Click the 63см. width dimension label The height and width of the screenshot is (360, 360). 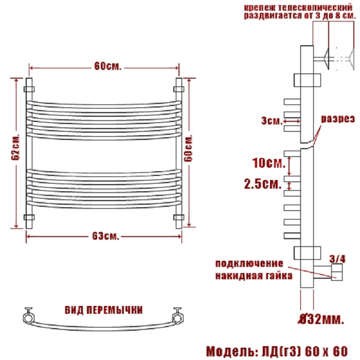coord(105,236)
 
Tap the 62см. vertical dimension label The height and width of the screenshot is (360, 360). coord(15,147)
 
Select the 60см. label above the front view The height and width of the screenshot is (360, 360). coord(107,66)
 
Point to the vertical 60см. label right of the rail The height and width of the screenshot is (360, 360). coord(188,148)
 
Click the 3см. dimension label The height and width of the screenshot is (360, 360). coord(272,120)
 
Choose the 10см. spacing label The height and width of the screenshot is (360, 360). coord(268,163)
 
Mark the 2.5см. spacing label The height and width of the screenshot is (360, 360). coord(263,184)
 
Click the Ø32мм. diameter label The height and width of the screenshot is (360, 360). coord(321,319)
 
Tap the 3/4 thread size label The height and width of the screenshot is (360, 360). coord(337,259)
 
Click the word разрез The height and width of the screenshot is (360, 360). coord(337,119)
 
